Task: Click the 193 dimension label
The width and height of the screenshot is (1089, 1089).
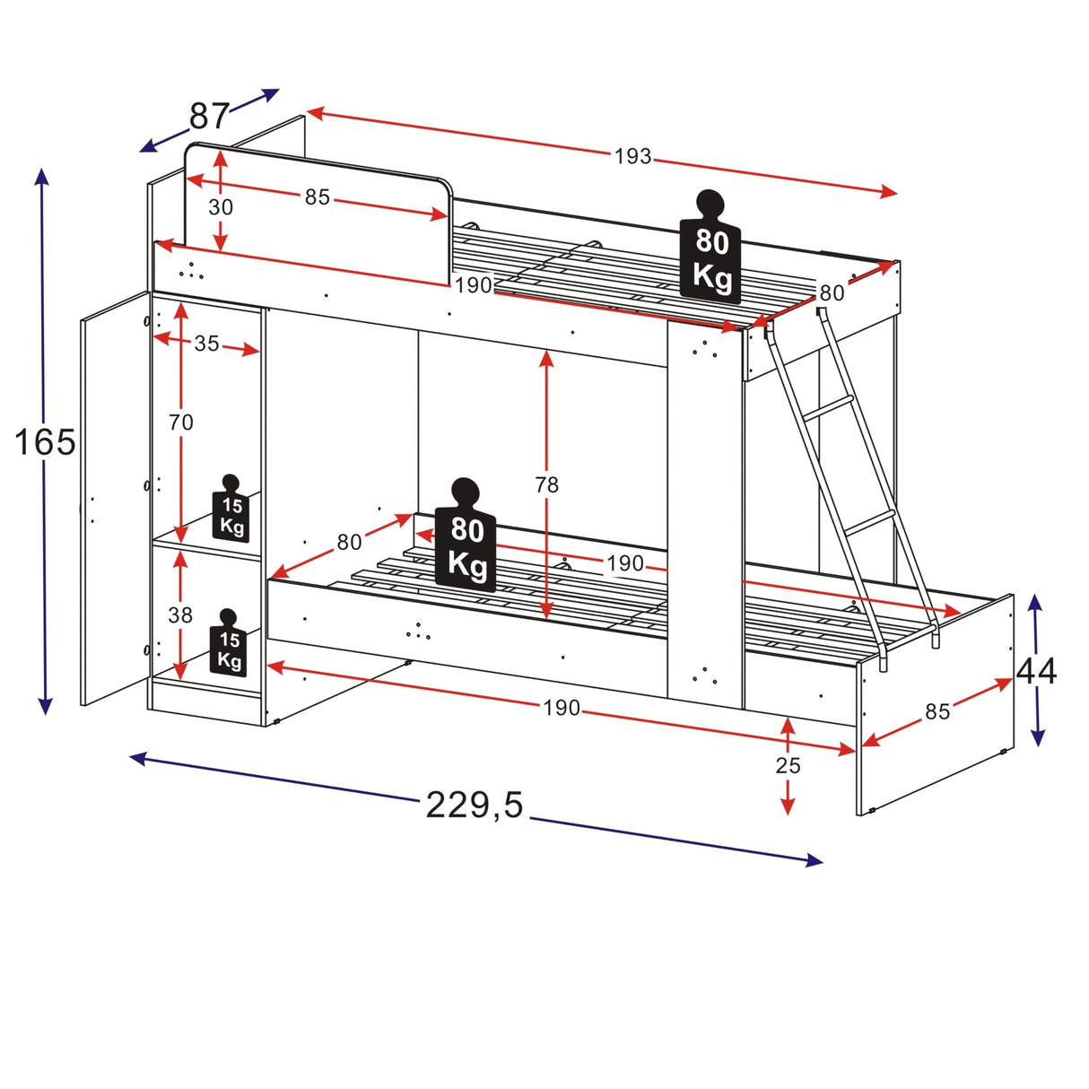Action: (x=632, y=157)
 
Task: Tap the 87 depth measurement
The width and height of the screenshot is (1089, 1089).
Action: (x=209, y=117)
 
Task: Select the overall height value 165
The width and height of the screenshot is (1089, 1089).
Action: (x=45, y=442)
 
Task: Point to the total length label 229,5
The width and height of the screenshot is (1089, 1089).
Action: (x=474, y=806)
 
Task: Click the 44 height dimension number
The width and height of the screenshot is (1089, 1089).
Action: (x=1036, y=671)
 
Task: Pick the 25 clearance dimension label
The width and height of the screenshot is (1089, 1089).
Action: (x=788, y=765)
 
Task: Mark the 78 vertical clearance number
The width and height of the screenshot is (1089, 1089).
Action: (x=546, y=485)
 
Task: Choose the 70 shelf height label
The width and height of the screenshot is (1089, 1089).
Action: (x=180, y=422)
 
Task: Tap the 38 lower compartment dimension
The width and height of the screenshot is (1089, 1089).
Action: (x=180, y=615)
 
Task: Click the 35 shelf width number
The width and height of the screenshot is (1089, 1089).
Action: (x=206, y=344)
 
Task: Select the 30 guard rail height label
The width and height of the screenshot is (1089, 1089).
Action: (x=221, y=207)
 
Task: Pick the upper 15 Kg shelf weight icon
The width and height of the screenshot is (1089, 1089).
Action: (x=231, y=511)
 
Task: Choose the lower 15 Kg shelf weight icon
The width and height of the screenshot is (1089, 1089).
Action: (x=229, y=645)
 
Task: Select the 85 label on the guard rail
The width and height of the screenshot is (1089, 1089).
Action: (x=317, y=197)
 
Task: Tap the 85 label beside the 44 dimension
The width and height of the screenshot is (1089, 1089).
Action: (x=937, y=711)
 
